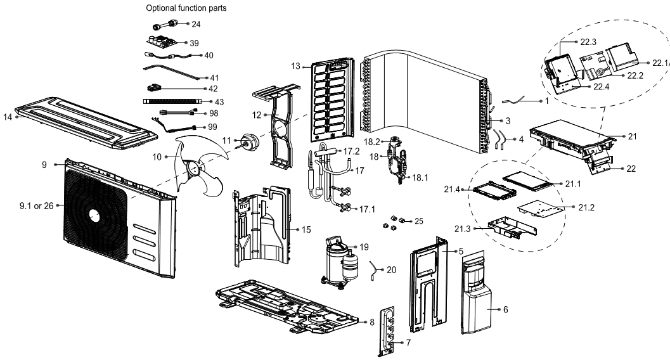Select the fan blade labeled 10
coord(199,164)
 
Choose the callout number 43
coord(219,101)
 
